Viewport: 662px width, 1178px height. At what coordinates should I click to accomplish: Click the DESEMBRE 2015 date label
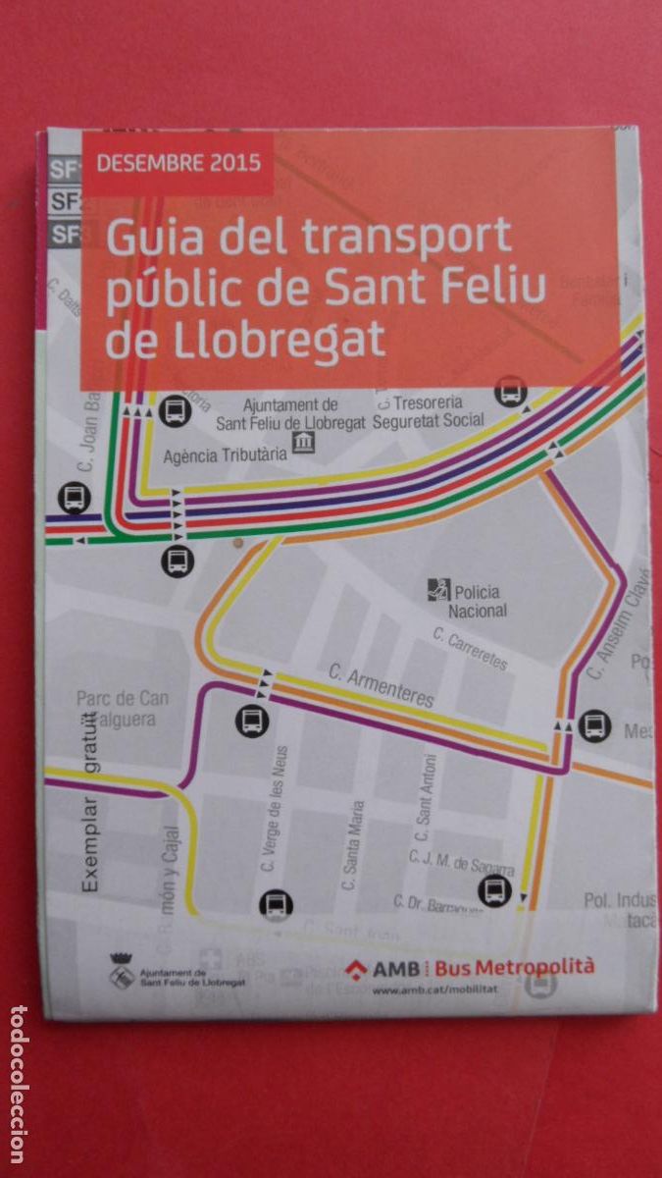point(178,162)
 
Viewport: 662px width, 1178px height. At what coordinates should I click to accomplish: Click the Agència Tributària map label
point(226,455)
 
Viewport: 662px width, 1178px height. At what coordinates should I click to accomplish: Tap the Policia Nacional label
point(478,601)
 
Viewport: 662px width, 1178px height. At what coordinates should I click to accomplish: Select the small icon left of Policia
point(437,590)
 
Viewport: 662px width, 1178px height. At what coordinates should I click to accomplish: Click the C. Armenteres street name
point(381,685)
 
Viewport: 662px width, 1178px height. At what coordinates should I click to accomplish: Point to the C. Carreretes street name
point(471,650)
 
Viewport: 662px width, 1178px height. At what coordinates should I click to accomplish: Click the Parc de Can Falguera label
point(123,708)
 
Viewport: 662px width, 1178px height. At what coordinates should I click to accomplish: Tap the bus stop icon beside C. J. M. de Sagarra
point(495,891)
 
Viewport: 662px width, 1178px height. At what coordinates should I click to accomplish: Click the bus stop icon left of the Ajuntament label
point(175,408)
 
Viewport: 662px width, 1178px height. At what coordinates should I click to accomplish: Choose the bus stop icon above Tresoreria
point(510,391)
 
